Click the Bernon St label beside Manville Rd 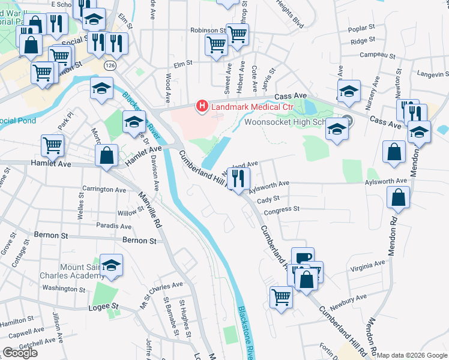tap(139, 241)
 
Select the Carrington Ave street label tap(104, 189)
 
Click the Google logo tap(20, 353)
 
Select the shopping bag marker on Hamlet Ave tap(106, 155)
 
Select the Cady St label tap(268, 199)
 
